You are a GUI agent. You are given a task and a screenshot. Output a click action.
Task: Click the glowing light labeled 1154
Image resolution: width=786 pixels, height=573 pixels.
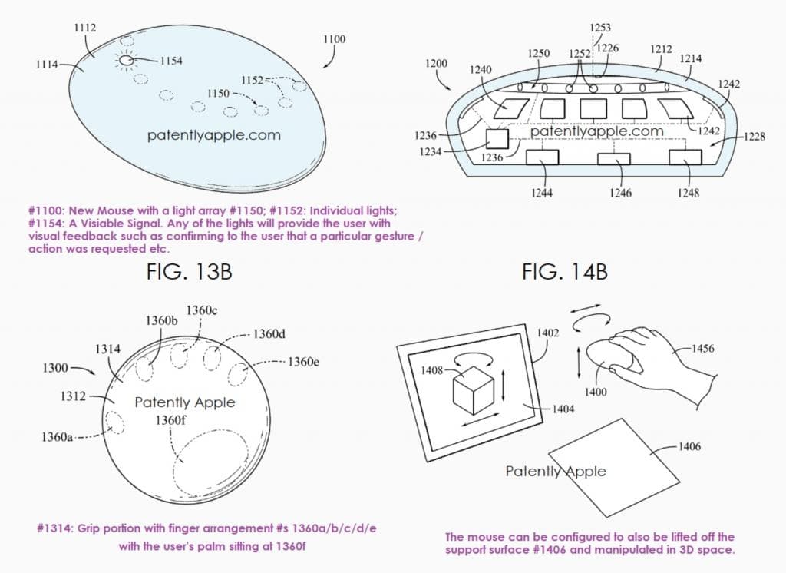pyautogui.click(x=125, y=59)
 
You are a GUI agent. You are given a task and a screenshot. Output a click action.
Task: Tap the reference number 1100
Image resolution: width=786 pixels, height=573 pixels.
pyautogui.click(x=334, y=39)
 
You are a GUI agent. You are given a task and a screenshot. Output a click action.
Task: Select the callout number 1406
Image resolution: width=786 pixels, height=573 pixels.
pyautogui.click(x=690, y=446)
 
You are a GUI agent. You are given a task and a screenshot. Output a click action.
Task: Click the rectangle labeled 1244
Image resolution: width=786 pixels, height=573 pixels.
pyautogui.click(x=541, y=157)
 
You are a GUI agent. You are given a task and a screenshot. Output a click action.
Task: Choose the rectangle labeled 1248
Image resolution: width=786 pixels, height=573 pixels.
pyautogui.click(x=685, y=157)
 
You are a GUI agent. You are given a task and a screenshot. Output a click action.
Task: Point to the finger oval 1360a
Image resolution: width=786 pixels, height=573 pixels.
pyautogui.click(x=117, y=422)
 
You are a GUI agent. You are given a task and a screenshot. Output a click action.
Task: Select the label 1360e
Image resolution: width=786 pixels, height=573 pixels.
pyautogui.click(x=303, y=361)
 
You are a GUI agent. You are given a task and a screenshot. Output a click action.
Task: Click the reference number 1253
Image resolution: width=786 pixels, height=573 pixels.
pyautogui.click(x=600, y=28)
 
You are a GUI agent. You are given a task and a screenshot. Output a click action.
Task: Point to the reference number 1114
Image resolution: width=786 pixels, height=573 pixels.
pyautogui.click(x=47, y=65)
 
